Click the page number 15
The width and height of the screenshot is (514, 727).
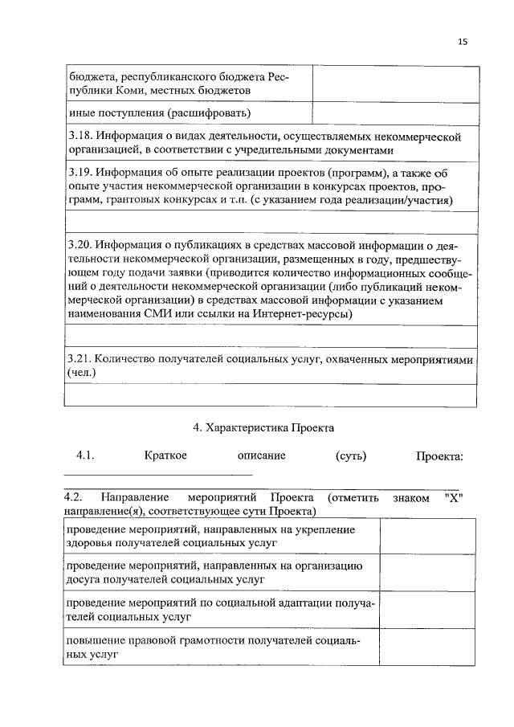(463, 42)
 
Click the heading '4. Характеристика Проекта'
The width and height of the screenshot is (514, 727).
(259, 427)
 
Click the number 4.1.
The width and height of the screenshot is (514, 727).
(86, 456)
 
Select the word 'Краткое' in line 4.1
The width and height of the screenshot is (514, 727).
(166, 456)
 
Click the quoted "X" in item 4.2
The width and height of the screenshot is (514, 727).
(455, 498)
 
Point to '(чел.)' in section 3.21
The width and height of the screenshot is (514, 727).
(81, 373)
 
